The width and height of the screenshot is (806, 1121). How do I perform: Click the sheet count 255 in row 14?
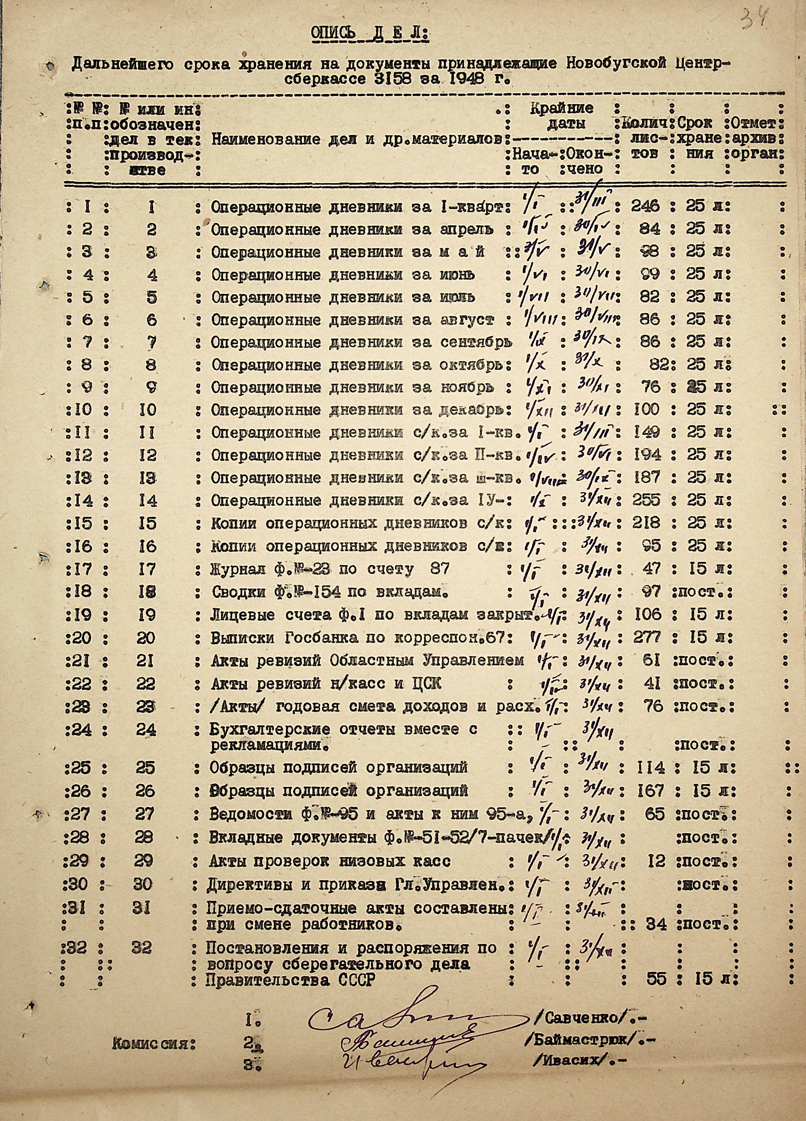tap(646, 500)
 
